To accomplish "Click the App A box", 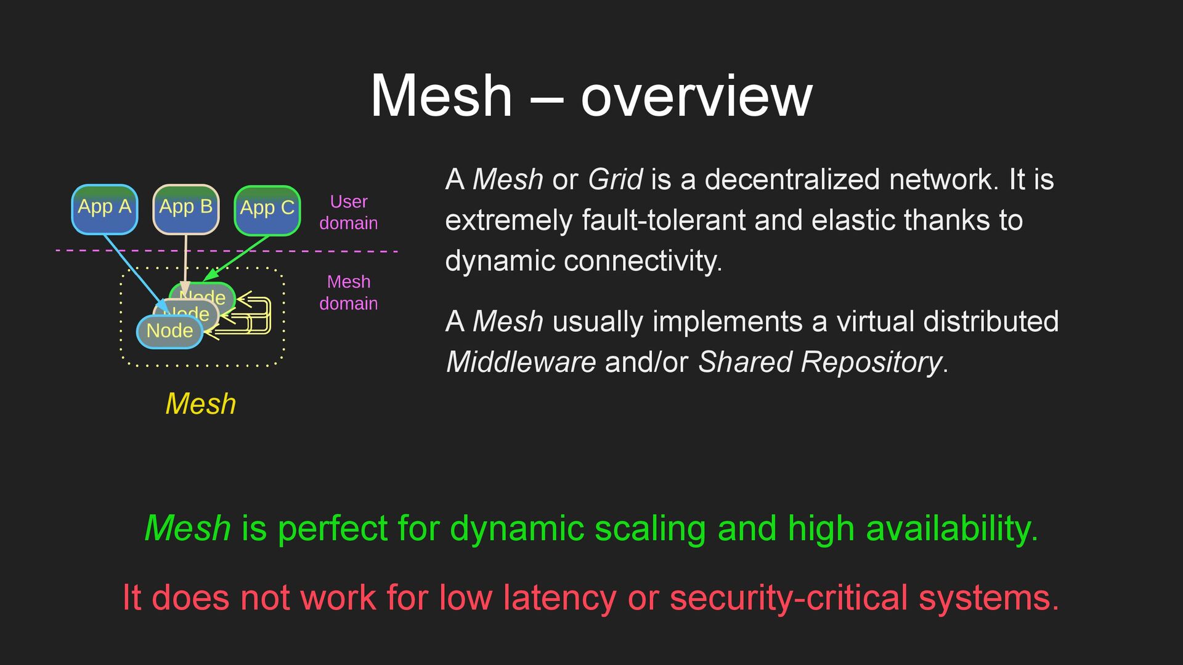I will tap(104, 209).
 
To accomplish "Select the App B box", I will tap(185, 209).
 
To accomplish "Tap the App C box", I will tap(267, 211).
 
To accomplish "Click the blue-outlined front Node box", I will tap(169, 332).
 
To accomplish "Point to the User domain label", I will tap(349, 212).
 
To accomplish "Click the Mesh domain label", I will tap(349, 292).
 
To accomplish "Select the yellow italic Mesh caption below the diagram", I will tap(201, 404).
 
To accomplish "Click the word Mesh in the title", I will tap(441, 96).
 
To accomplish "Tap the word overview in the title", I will tap(696, 96).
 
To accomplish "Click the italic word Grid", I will tap(615, 180).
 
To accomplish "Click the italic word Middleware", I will tap(521, 362).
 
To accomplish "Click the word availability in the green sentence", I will tap(951, 528).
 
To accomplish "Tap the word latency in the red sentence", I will tap(559, 597).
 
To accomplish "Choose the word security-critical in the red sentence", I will tap(789, 597).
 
